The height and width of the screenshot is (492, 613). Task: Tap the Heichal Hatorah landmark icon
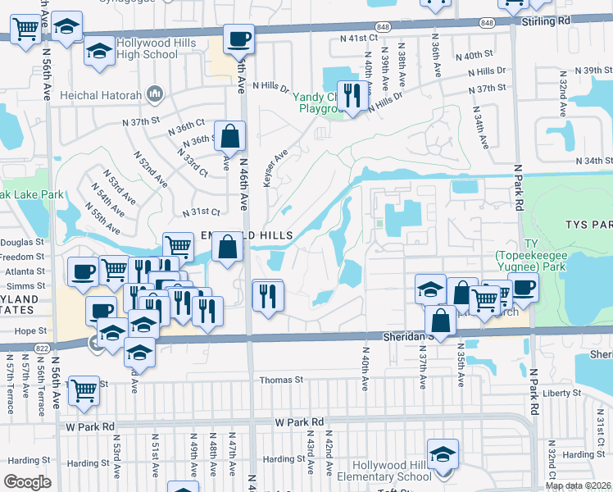coord(153,95)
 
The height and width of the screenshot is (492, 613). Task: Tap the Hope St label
coord(27,331)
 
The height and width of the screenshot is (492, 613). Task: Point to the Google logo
coord(27,482)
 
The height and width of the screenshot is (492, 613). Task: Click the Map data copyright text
coord(579,485)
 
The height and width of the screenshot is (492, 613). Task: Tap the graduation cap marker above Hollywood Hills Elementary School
coord(442,453)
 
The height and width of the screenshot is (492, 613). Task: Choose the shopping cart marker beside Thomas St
coord(84,392)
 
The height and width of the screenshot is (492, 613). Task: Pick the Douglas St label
coord(22,242)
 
